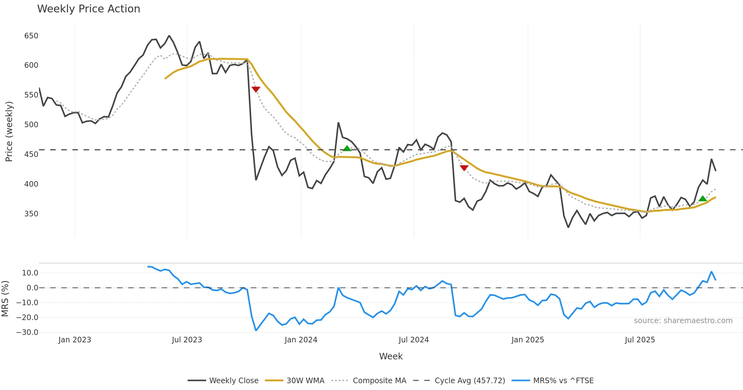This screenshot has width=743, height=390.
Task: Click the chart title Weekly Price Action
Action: pos(89,9)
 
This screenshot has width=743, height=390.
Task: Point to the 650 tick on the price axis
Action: pos(31,36)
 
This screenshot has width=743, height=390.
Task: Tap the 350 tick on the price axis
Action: pos(31,214)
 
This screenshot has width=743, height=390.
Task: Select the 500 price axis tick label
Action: pos(31,125)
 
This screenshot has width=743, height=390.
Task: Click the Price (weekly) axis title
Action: pos(9,132)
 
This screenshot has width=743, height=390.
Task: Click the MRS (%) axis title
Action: pos(5,299)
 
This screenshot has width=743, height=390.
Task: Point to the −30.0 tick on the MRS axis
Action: pos(27,332)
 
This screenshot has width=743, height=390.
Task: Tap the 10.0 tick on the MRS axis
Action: pos(30,273)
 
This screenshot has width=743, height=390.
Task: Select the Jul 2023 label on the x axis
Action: pos(187,340)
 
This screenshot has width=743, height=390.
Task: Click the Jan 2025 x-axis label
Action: pos(528,340)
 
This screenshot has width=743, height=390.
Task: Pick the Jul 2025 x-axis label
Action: pos(640,340)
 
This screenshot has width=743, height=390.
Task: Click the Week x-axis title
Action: pos(391,357)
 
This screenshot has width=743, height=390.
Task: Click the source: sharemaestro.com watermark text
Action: pos(683,321)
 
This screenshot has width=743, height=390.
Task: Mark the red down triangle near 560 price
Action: pos(256,89)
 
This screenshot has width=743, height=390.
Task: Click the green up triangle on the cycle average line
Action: pos(347,148)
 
